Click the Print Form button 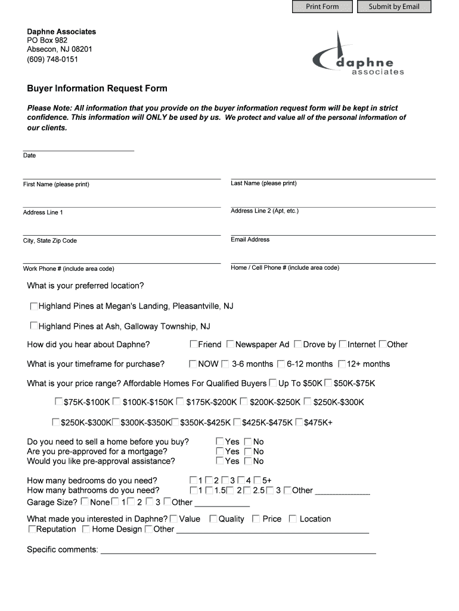[x=322, y=7]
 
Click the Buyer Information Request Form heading [x=97, y=88]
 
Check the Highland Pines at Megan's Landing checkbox [x=34, y=306]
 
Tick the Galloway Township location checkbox [x=34, y=326]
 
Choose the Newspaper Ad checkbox [x=230, y=344]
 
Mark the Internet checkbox [x=342, y=344]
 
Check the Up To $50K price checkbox [x=273, y=383]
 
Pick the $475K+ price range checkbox [x=299, y=422]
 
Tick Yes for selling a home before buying [x=219, y=442]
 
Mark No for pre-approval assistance [x=248, y=461]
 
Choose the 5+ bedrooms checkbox [x=257, y=480]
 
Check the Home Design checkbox [x=86, y=529]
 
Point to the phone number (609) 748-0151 [x=52, y=60]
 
